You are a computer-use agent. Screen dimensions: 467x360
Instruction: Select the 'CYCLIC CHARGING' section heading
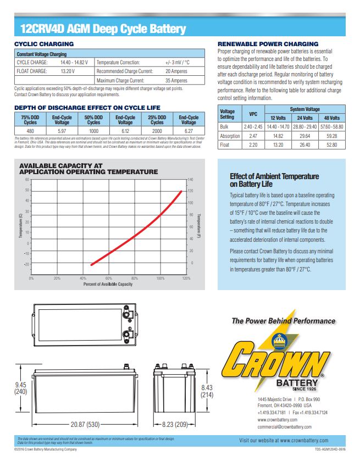point(41,43)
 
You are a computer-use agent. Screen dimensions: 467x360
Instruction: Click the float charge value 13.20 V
point(67,71)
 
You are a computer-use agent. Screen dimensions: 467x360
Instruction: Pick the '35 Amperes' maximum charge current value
point(176,80)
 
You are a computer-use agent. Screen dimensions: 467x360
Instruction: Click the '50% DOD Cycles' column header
point(93,119)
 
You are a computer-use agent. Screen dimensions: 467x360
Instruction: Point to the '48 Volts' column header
point(331,118)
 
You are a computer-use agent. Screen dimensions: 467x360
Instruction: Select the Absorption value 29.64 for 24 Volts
point(305,135)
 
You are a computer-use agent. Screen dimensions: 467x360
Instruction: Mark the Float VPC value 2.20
point(253,144)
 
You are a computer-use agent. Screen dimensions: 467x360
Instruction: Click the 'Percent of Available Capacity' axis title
point(108,284)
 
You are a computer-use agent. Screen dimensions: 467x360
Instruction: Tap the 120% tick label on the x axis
point(186,279)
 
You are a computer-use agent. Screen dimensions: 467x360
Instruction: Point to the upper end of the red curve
point(182,191)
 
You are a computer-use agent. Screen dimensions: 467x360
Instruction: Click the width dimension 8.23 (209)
point(175,425)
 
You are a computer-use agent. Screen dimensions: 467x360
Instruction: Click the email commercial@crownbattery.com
point(286,426)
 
